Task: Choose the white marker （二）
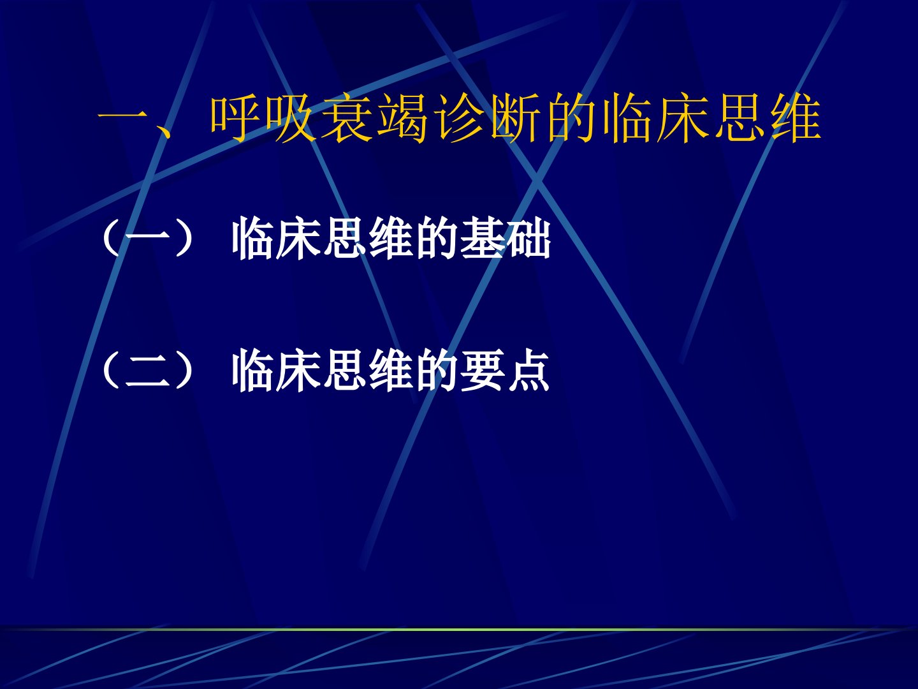point(148,371)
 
